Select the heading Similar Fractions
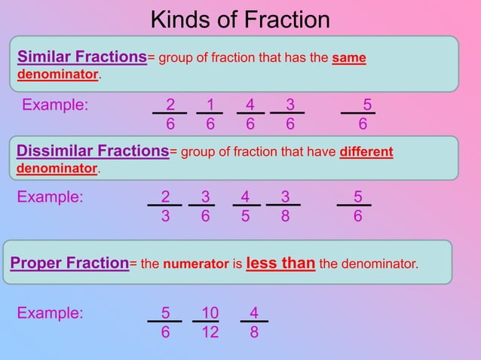point(81,56)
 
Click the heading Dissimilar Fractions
point(93,151)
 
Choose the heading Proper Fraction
point(69,264)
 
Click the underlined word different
point(366,152)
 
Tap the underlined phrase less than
point(280,264)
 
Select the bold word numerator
point(196,264)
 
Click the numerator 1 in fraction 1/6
point(210,104)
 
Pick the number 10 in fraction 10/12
point(210,312)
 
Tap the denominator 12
point(210,331)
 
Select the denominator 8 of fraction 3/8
point(285,215)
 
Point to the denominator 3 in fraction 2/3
point(166,215)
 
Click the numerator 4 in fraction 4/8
point(254,312)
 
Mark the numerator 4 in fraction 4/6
point(250,104)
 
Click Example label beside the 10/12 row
point(51,312)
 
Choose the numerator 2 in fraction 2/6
point(170,104)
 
